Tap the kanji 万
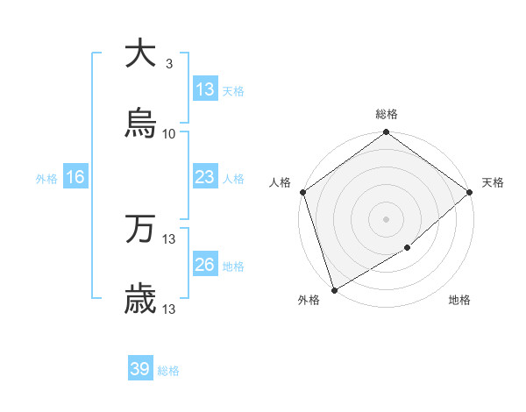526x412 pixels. click(140, 230)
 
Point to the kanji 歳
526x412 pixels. click(140, 301)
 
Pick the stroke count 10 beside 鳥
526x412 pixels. click(169, 134)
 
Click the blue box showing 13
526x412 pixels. click(205, 89)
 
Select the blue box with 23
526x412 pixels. click(205, 177)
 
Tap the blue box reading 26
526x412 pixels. click(205, 265)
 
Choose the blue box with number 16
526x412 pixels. click(75, 177)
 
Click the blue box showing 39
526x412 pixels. click(140, 369)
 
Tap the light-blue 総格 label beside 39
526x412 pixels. click(169, 371)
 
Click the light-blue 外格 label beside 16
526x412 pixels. click(46, 179)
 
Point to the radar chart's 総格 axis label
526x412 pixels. click(387, 114)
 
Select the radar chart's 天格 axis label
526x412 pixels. click(493, 182)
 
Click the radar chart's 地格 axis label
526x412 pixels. click(459, 301)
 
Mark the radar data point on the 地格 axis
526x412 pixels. click(408, 248)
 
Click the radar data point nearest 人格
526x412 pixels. click(302, 192)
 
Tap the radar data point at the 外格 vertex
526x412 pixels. click(334, 289)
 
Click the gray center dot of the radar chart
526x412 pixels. click(387, 218)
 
